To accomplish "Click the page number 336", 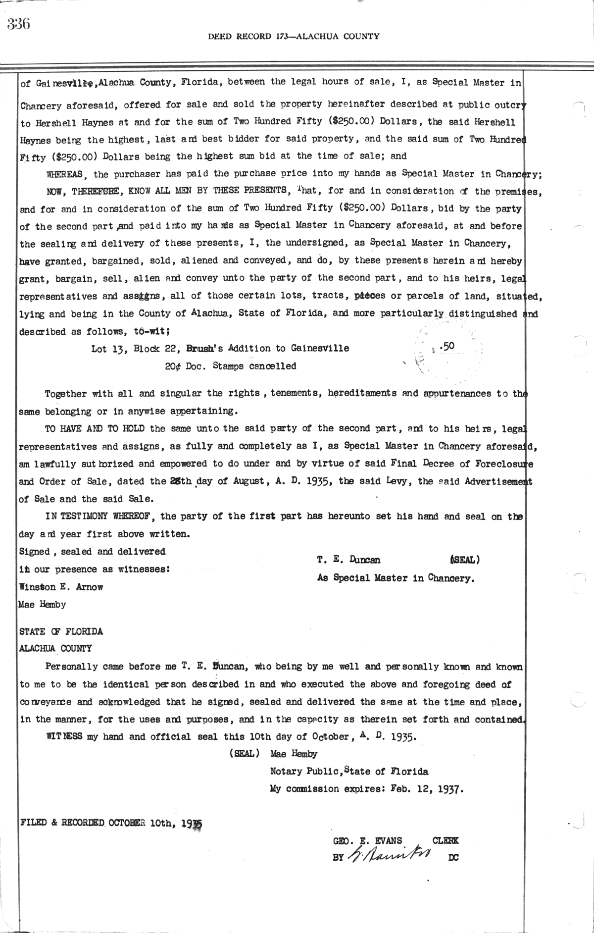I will tap(19, 23).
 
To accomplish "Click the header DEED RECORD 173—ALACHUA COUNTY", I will tap(294, 36).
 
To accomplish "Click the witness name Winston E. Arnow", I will tap(61, 587).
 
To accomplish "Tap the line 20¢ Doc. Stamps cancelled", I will tap(231, 366).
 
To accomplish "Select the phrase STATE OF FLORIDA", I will tap(61, 631).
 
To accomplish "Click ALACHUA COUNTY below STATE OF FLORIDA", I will tap(55, 649).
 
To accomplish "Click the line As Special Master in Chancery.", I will tap(396, 578).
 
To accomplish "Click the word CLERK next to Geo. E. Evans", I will tap(445, 840).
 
